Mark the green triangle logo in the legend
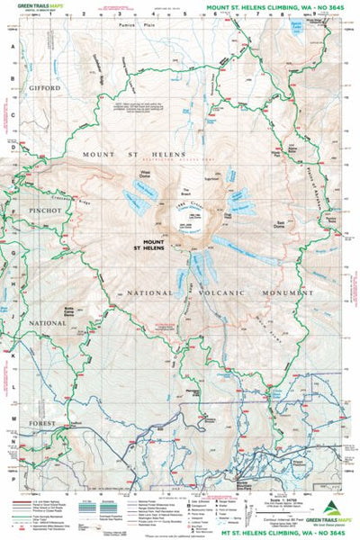(333, 508)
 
